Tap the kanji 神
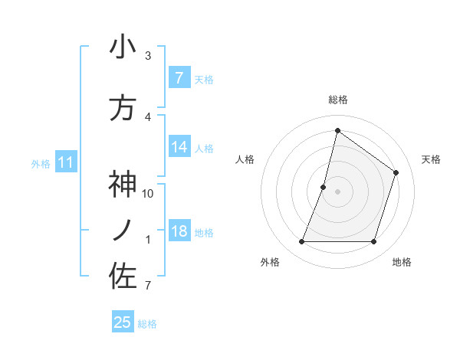[x=123, y=185]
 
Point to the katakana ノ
[x=123, y=231]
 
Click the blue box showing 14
[x=179, y=147]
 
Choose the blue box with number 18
[x=179, y=231]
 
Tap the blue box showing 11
[x=66, y=162]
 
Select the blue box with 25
[x=123, y=322]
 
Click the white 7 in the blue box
[x=179, y=77]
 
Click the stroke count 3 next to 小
[x=148, y=56]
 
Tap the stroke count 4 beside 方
[x=148, y=117]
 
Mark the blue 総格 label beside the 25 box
[x=147, y=324]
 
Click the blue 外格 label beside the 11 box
[x=40, y=163]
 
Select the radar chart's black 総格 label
[x=338, y=100]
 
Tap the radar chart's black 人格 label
[x=245, y=159]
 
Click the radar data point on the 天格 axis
[x=396, y=172]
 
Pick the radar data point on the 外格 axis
[x=301, y=242]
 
